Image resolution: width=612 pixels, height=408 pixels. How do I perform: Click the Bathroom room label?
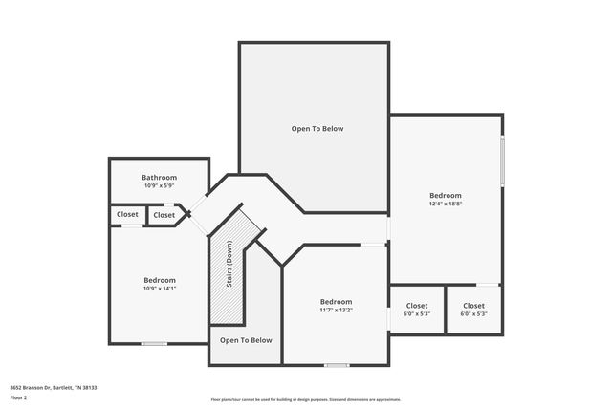(160, 178)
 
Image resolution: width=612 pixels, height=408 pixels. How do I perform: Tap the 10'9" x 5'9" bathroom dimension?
(160, 186)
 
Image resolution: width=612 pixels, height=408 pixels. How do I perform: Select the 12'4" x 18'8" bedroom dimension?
(445, 203)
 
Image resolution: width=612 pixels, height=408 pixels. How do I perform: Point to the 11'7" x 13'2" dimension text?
(337, 310)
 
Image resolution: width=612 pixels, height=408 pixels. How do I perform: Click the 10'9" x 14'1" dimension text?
(160, 288)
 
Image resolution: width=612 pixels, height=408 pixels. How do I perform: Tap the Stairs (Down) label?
(229, 264)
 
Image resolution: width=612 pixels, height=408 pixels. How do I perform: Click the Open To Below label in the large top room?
(317, 129)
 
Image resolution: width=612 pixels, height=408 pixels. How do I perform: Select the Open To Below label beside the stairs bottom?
(246, 340)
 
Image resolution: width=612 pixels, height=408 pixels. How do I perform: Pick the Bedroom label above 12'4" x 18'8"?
(445, 195)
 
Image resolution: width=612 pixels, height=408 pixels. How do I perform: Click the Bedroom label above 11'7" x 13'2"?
(337, 302)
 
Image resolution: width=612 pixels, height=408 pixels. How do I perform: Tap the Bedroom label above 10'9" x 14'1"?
(160, 280)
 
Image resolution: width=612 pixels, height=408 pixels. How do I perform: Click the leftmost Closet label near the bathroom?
(128, 215)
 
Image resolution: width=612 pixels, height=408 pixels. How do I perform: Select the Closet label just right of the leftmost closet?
(164, 215)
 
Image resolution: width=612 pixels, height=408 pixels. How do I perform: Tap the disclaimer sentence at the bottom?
(305, 399)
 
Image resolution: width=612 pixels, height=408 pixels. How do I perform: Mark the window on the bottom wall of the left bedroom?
(154, 344)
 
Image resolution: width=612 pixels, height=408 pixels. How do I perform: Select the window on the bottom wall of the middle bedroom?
(336, 365)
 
